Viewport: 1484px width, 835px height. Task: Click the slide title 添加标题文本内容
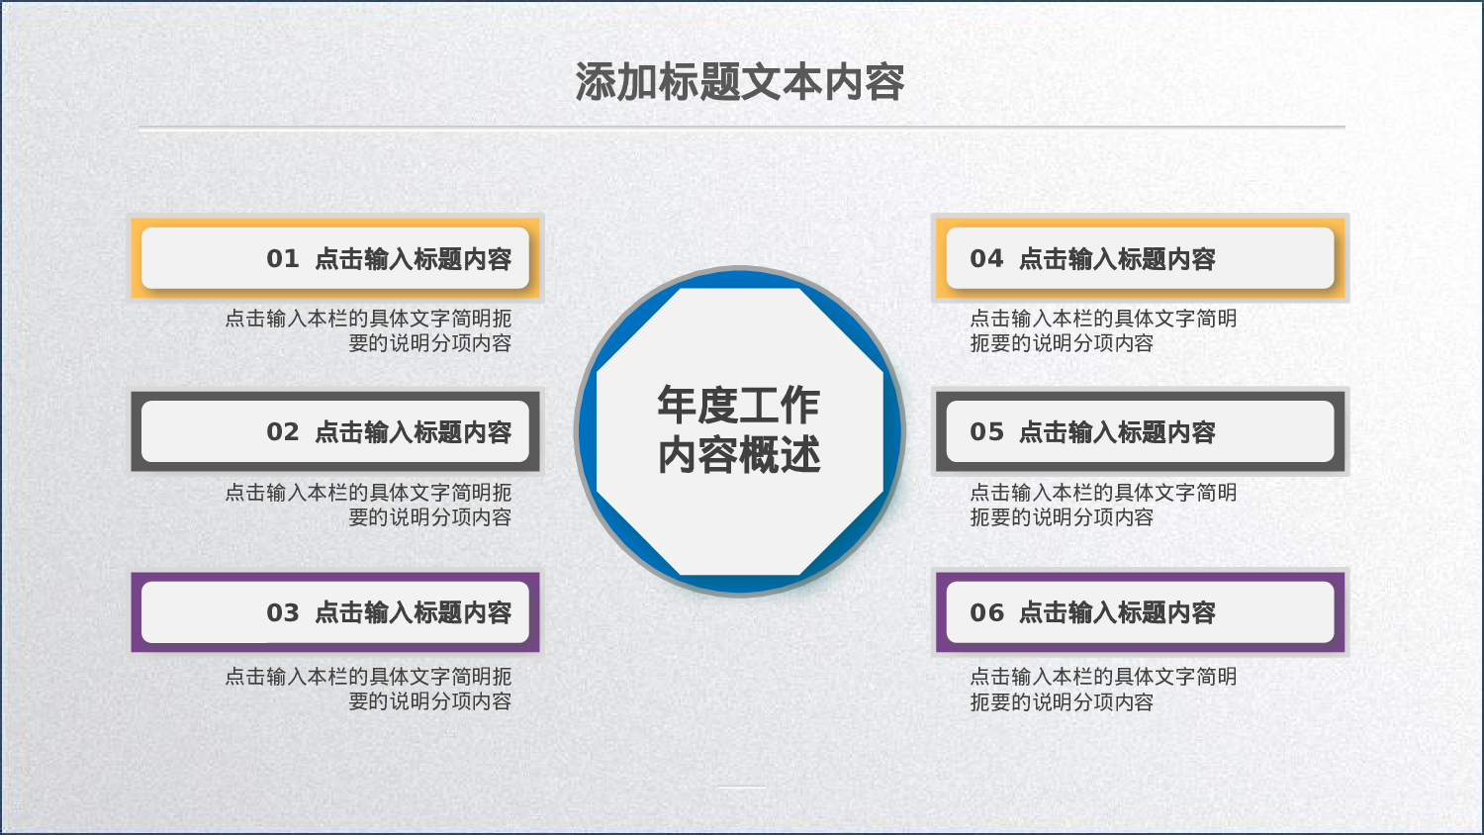pyautogui.click(x=740, y=82)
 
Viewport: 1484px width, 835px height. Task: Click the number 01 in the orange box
pyautogui.click(x=282, y=259)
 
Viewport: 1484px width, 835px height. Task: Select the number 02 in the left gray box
pyautogui.click(x=282, y=432)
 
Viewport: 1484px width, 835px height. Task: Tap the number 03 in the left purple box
pyautogui.click(x=282, y=613)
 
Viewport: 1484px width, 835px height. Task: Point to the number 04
pyautogui.click(x=986, y=259)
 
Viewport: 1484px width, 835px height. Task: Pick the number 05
pyautogui.click(x=986, y=432)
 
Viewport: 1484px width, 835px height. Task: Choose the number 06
pyautogui.click(x=986, y=613)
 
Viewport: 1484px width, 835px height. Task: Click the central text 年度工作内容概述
pyautogui.click(x=739, y=430)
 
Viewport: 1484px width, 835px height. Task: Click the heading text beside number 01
pyautogui.click(x=413, y=259)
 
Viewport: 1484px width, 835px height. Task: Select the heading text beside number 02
pyautogui.click(x=413, y=432)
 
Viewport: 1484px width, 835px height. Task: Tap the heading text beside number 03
pyautogui.click(x=413, y=613)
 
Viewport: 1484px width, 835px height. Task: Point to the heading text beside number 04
pyautogui.click(x=1117, y=259)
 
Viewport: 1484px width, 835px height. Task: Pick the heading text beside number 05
pyautogui.click(x=1117, y=432)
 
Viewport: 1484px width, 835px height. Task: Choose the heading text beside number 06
pyautogui.click(x=1117, y=613)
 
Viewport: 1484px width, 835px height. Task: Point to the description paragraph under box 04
pyautogui.click(x=1102, y=330)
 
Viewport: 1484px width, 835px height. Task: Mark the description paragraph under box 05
pyautogui.click(x=1102, y=505)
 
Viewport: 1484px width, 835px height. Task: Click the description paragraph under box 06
pyautogui.click(x=1102, y=689)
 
